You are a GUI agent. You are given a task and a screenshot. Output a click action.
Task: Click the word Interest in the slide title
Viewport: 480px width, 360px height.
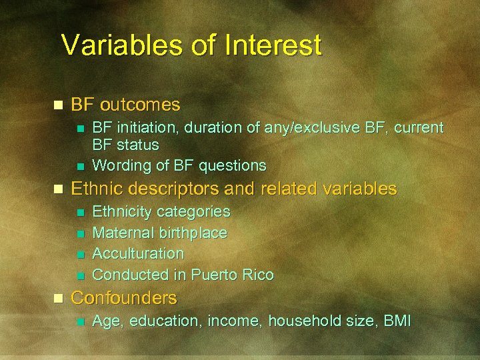pos(273,45)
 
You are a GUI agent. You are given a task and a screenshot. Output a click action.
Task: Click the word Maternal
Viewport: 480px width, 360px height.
pos(120,233)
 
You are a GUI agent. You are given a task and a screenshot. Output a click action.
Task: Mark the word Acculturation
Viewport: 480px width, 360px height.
pos(138,253)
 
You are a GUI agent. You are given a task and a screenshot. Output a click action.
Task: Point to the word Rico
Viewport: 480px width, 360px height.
pos(258,275)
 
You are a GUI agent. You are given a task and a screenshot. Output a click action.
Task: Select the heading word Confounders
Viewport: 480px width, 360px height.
pos(124,297)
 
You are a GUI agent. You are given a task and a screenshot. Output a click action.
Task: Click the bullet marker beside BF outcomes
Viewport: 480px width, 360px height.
pos(58,105)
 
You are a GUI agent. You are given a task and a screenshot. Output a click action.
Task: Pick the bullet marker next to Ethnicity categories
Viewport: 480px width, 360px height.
pos(80,213)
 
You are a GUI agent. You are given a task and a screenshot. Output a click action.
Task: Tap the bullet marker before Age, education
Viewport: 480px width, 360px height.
pos(80,322)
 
